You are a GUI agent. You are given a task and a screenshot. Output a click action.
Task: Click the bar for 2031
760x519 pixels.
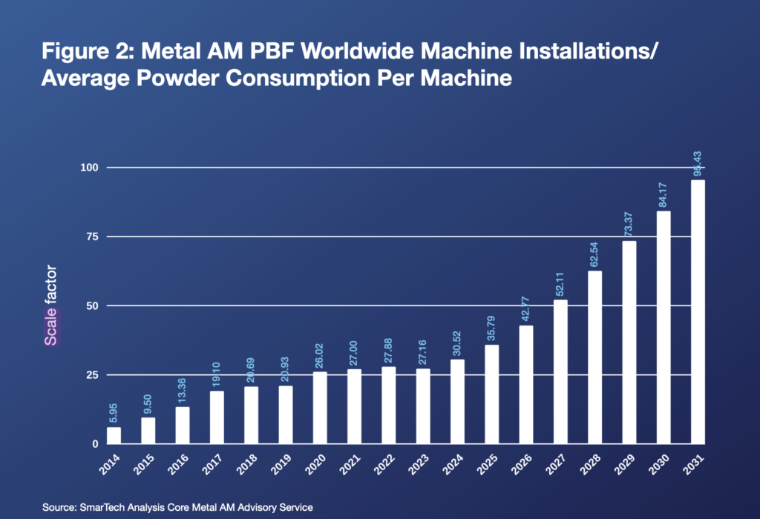tap(698, 312)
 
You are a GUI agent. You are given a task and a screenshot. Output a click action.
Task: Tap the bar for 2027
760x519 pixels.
tap(560, 371)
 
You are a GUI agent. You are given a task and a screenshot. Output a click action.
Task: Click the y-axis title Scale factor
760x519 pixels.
tap(51, 305)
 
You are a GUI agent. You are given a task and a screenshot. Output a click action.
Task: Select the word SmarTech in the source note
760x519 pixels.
tap(102, 506)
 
